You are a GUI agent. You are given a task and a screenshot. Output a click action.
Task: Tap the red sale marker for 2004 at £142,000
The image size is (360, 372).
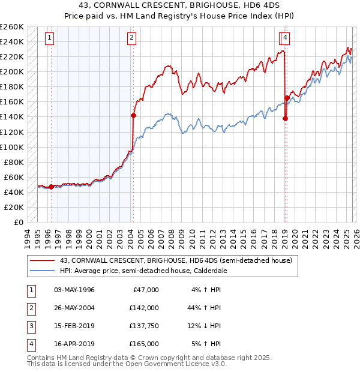pyautogui.click(x=133, y=115)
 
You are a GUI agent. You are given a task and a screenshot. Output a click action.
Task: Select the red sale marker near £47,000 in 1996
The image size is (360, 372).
pyautogui.click(x=51, y=187)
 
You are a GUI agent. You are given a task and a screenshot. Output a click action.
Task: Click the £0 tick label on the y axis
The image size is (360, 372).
pyautogui.click(x=18, y=222)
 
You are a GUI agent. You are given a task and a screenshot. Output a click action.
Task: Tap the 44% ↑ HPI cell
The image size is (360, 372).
pyautogui.click(x=204, y=308)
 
